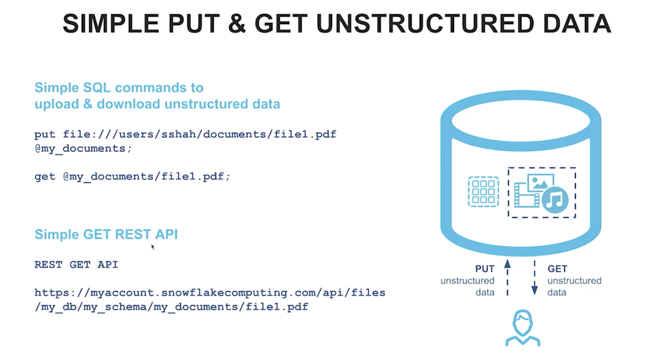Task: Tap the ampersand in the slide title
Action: point(237,24)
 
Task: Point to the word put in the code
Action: point(45,135)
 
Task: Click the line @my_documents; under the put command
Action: point(83,149)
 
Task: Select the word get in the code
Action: point(45,177)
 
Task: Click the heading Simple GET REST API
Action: point(106,234)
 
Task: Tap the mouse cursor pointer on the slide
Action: point(152,247)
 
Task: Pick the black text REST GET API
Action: point(76,265)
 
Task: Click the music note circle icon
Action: point(555,200)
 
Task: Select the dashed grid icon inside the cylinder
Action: point(483,192)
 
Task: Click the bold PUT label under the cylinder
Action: point(485,269)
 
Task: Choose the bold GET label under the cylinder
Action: point(557,269)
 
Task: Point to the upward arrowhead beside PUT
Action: point(507,264)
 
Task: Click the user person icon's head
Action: point(522,322)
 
